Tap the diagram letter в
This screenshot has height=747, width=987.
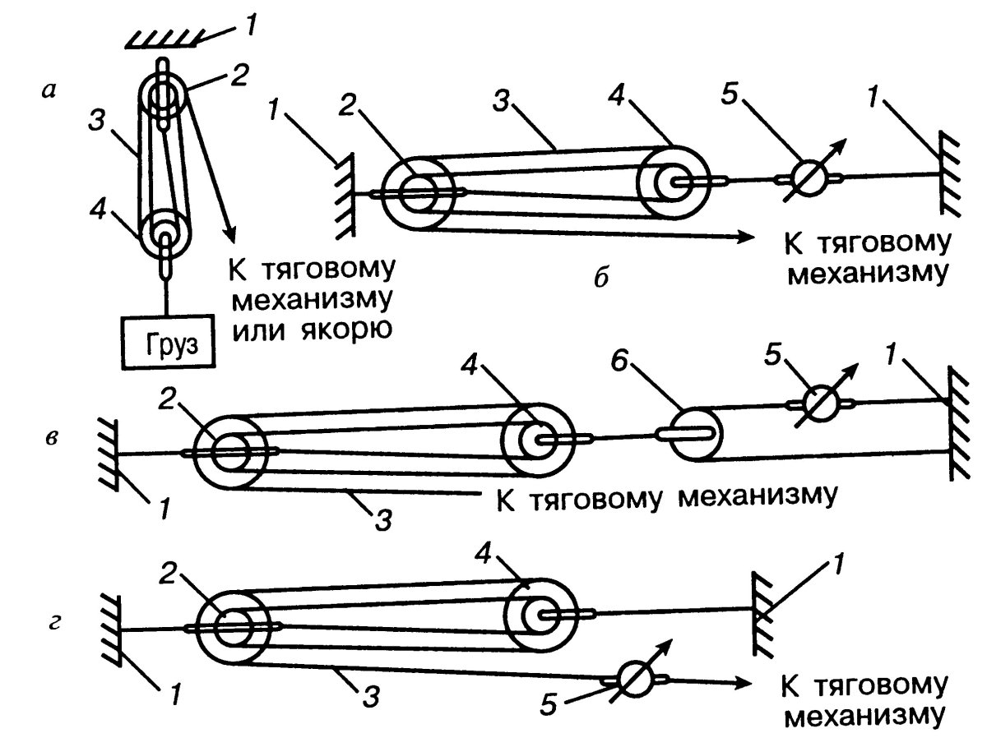(x=51, y=438)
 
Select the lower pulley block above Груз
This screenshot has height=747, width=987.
(x=164, y=233)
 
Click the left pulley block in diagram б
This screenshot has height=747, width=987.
(x=418, y=194)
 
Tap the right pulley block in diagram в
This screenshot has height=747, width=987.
(x=536, y=440)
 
